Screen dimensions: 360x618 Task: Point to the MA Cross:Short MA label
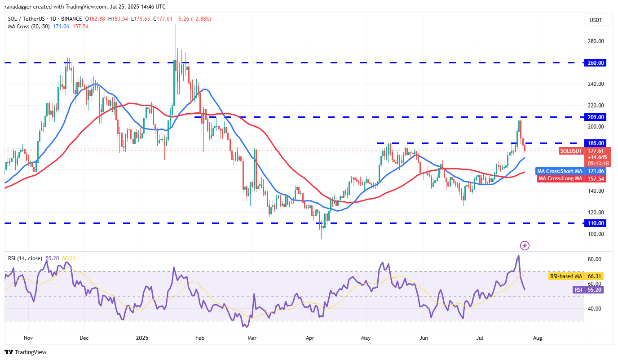560,171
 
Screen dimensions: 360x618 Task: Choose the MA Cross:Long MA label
560,178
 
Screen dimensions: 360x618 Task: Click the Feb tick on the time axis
200,338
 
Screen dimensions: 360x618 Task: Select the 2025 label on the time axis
142,338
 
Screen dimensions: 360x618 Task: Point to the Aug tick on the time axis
538,338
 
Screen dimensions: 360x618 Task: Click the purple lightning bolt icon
525,245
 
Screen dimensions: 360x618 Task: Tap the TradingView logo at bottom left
26,352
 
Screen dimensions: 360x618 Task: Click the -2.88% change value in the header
201,19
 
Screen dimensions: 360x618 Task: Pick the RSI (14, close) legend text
25,258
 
